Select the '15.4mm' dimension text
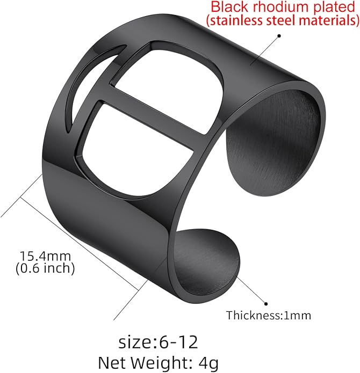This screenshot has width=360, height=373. pos(45,256)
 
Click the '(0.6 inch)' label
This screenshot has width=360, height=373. pos(45,268)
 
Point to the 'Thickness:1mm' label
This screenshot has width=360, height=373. pos(269,316)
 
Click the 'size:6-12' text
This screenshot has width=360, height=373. pos(158,342)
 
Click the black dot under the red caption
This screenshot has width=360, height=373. pos(279,36)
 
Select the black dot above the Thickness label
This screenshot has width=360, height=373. pos(266,304)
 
